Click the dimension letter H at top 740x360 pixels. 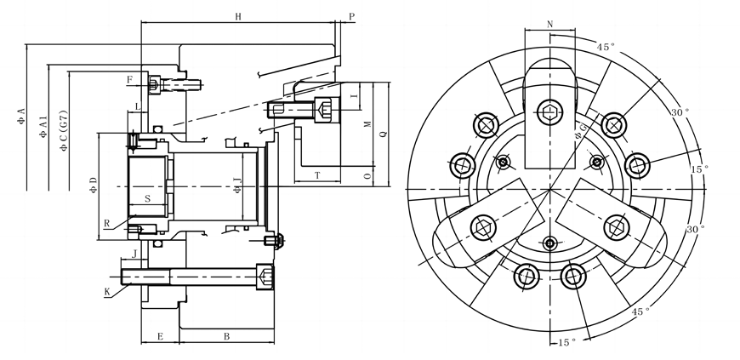(x=238, y=16)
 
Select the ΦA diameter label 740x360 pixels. (x=21, y=117)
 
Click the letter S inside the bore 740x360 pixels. (x=147, y=198)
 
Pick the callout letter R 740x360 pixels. (x=106, y=224)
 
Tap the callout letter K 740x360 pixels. (x=107, y=292)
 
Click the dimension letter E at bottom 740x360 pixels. (x=159, y=338)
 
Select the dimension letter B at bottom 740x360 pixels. (x=226, y=338)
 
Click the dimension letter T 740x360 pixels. (x=316, y=174)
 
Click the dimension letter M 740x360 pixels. (x=367, y=124)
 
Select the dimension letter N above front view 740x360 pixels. (x=549, y=24)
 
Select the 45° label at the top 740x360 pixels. (x=605, y=48)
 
